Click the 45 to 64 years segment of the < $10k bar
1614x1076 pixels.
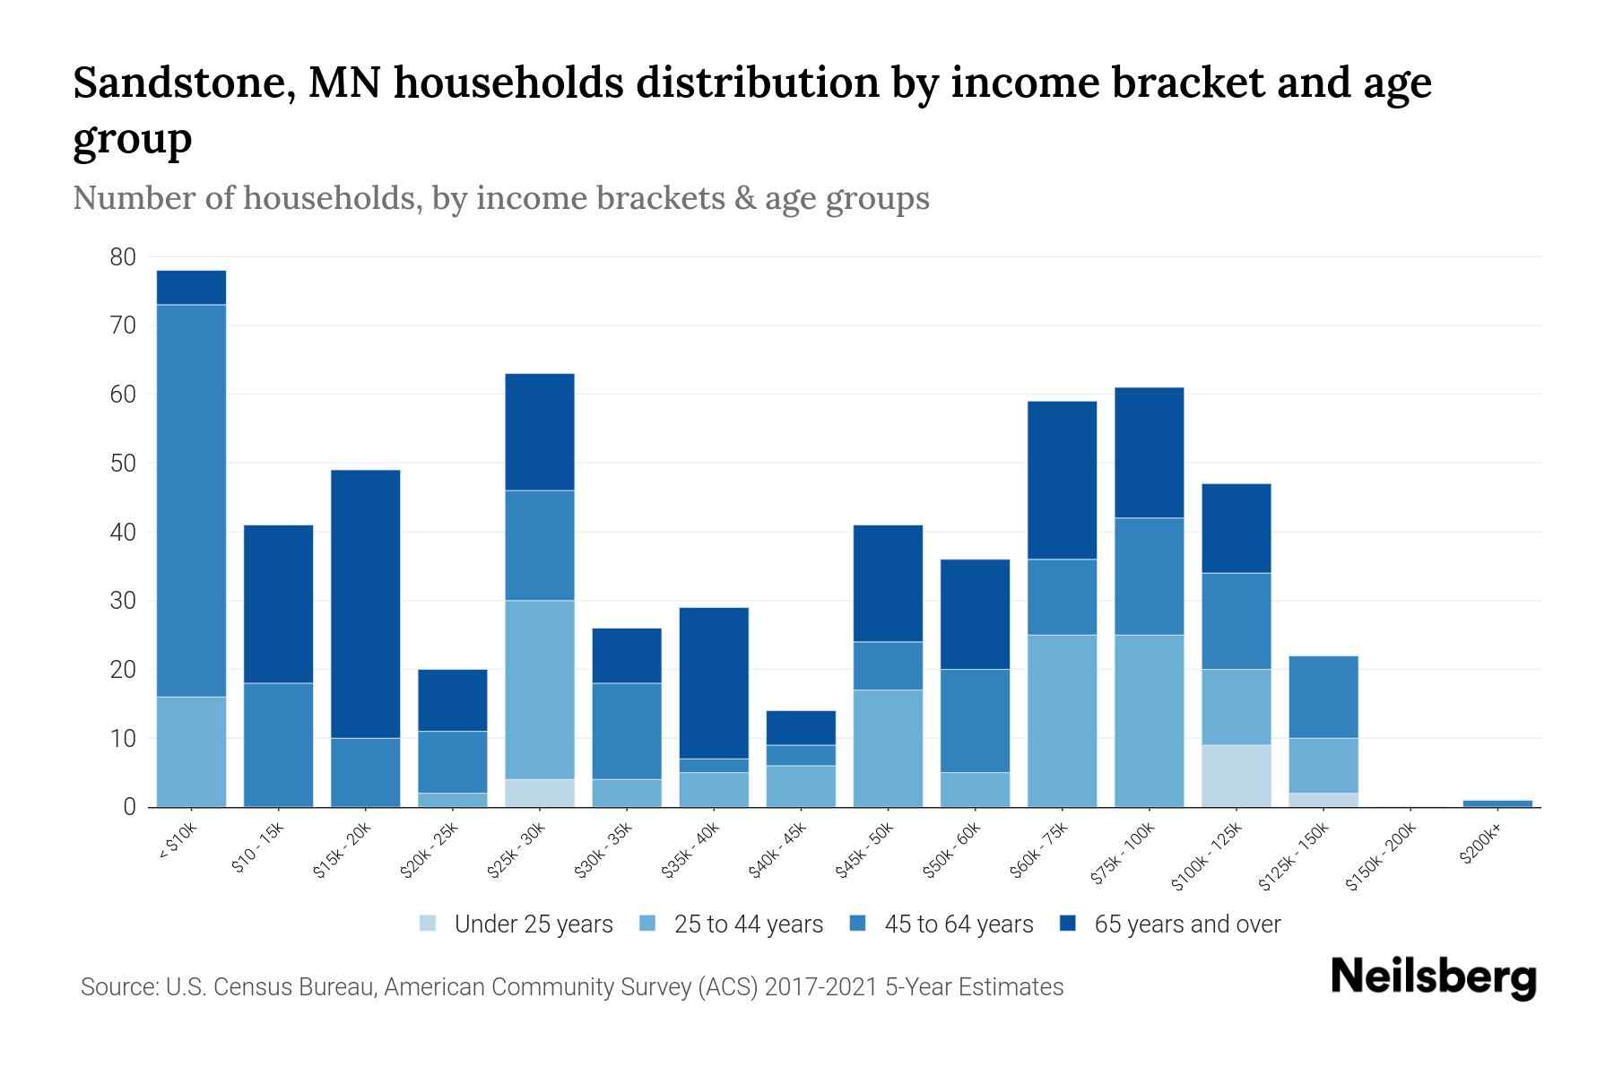[191, 500]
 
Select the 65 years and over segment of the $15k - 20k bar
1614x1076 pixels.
[365, 603]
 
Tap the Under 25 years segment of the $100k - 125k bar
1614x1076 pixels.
[1237, 776]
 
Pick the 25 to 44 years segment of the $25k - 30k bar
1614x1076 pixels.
[540, 690]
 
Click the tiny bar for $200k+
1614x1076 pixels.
[1497, 803]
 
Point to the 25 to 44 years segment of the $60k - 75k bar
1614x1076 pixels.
[1062, 721]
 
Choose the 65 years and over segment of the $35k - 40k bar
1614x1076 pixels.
[714, 683]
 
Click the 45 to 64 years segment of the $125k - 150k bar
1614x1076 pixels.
[1323, 697]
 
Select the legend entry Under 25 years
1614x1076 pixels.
[533, 924]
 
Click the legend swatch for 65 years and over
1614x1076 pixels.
[1068, 924]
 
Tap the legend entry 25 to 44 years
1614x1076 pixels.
[748, 924]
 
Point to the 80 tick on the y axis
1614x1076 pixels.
[123, 257]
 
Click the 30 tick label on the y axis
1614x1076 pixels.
[123, 601]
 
